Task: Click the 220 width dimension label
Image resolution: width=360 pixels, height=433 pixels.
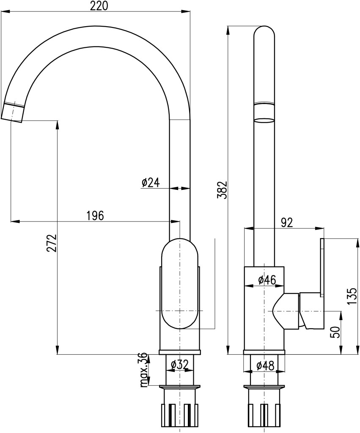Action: click(99, 6)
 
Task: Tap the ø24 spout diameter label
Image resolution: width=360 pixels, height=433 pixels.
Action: click(151, 183)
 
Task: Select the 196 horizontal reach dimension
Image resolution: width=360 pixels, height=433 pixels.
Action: click(95, 215)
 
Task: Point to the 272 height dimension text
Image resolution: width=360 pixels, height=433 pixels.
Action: click(52, 243)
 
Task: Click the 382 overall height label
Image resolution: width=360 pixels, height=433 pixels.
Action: click(222, 190)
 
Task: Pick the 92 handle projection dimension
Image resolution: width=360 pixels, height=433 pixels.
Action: click(287, 222)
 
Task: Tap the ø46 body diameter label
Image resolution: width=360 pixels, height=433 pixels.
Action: click(267, 280)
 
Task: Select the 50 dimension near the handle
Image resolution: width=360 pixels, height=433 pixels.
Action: click(335, 332)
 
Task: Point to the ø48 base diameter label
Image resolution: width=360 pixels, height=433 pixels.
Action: click(265, 366)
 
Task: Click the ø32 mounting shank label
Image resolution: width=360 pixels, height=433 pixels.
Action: click(180, 365)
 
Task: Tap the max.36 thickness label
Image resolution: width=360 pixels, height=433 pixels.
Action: click(143, 370)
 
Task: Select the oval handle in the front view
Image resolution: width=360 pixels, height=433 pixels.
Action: click(180, 284)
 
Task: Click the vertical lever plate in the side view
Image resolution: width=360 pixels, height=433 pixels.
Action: click(322, 268)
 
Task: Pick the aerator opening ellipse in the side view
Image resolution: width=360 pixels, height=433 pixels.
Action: click(264, 121)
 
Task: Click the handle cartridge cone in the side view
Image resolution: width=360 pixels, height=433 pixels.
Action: click(286, 311)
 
